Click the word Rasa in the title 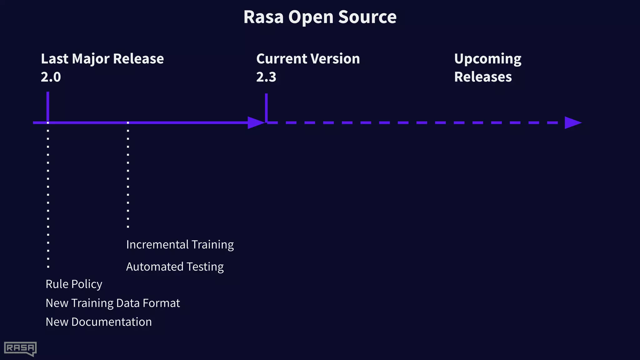click(x=264, y=17)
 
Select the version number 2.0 click(x=51, y=77)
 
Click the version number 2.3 click(x=266, y=77)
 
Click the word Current click(x=281, y=59)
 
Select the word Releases click(x=483, y=77)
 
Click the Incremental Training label click(x=180, y=245)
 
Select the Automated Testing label click(x=175, y=267)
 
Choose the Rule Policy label click(x=74, y=284)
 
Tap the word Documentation click(x=111, y=322)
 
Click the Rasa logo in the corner click(x=20, y=348)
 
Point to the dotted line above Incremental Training click(x=128, y=175)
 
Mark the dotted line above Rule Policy click(x=48, y=194)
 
